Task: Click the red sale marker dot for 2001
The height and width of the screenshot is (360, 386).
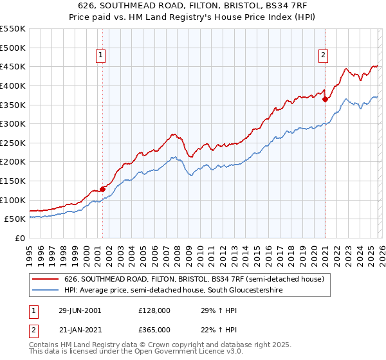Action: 102,189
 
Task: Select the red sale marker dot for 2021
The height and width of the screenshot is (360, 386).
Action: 325,99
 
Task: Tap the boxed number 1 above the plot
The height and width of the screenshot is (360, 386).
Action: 102,55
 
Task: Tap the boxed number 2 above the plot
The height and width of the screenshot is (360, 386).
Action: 323,55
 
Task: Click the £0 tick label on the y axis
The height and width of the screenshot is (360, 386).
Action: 21,238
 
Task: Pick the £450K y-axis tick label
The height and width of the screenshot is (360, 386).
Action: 12,66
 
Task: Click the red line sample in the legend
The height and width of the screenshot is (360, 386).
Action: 46,279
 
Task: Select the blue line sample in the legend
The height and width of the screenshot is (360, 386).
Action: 46,290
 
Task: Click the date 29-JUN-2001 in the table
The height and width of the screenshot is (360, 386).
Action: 80,310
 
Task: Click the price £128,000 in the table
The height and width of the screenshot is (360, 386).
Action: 154,310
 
